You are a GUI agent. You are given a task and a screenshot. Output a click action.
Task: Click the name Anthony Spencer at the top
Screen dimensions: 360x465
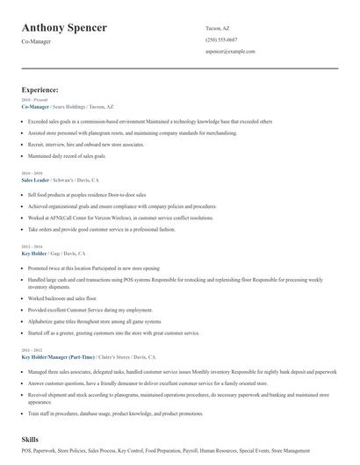[x=64, y=27]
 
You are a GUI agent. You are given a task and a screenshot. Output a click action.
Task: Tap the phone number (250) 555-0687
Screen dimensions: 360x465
[x=221, y=39]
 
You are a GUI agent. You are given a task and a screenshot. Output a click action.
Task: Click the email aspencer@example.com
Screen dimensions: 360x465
[x=230, y=53]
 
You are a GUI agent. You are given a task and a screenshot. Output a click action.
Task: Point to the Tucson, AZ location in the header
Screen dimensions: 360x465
[x=219, y=27]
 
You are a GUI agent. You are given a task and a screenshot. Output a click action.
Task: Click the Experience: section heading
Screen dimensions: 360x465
[x=40, y=89]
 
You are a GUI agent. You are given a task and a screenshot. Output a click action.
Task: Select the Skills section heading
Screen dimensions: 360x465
[x=32, y=438]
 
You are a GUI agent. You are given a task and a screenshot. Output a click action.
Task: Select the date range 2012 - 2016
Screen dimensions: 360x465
[x=32, y=247]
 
